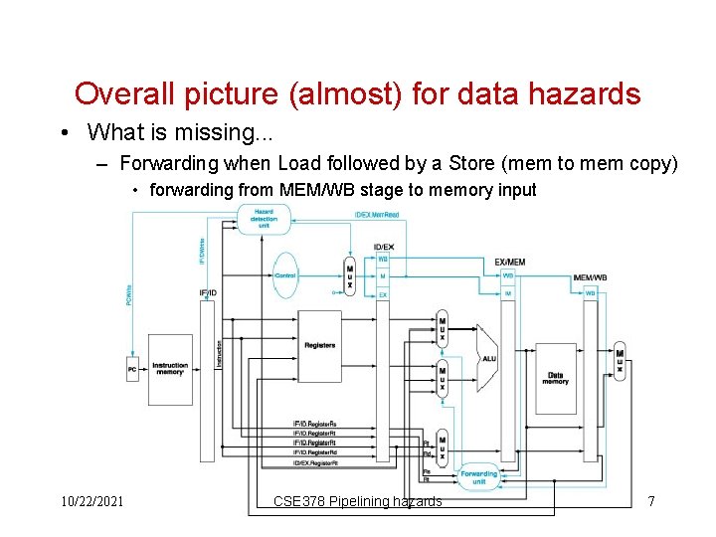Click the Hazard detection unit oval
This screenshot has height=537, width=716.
click(x=264, y=219)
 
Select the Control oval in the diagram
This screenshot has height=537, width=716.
click(x=285, y=275)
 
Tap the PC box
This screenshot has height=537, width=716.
click(x=132, y=369)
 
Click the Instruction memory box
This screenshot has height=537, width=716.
click(x=170, y=369)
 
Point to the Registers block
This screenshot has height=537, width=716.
click(x=320, y=345)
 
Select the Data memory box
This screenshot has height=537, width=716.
click(x=555, y=378)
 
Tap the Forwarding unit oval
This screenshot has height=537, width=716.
click(x=478, y=477)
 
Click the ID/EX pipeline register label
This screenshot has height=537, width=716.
click(x=383, y=247)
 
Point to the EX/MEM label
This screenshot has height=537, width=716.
click(x=509, y=262)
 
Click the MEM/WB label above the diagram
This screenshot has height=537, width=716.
click(x=591, y=277)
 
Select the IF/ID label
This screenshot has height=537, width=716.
click(x=208, y=293)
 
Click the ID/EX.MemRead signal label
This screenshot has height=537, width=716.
click(x=377, y=215)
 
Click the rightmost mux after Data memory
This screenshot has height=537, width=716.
click(x=620, y=363)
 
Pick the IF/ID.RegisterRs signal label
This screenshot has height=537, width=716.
click(x=314, y=425)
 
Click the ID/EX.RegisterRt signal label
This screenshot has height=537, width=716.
click(x=315, y=462)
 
